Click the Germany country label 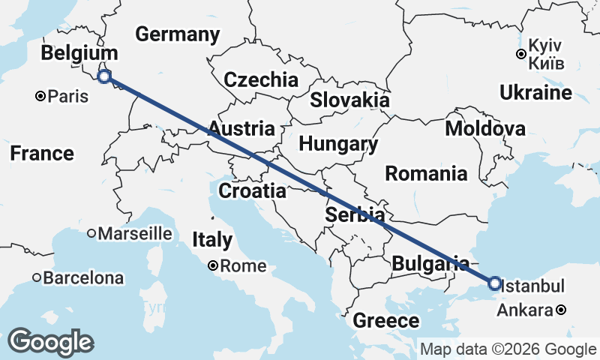tap(178, 34)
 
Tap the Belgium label tap(79, 53)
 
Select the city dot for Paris tap(41, 96)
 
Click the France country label tap(43, 154)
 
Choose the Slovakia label tap(350, 100)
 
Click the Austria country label tap(241, 129)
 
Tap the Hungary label tap(337, 144)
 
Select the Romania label tap(426, 175)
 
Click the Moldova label tap(485, 129)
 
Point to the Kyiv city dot tap(520, 53)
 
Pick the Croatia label tap(252, 191)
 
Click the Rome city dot tap(213, 265)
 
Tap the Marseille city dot tap(91, 233)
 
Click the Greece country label tap(386, 322)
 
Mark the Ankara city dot tap(561, 310)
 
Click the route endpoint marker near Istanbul tap(494, 283)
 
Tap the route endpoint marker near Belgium tap(105, 76)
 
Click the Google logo tap(52, 342)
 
